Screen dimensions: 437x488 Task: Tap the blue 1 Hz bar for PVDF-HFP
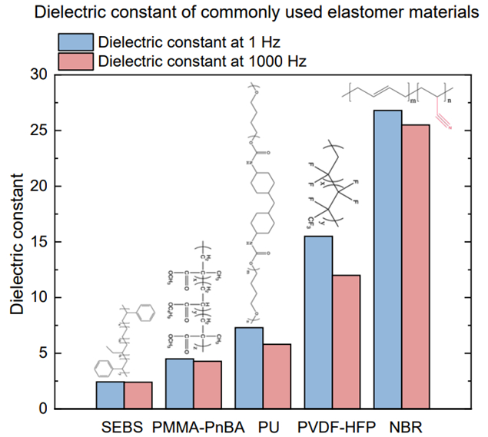coord(318,323)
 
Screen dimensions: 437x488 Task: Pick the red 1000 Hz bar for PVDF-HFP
coord(346,342)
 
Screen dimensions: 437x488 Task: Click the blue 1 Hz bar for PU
coord(249,368)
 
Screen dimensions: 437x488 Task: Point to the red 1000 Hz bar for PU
coord(277,376)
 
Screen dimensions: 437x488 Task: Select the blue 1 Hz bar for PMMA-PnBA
coord(180,383)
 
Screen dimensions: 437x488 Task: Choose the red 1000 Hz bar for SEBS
coord(138,395)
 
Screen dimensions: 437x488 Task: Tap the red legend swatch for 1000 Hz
coord(75,60)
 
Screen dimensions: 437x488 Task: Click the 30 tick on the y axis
coord(38,74)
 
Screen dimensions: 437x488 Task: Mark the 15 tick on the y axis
coord(38,242)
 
